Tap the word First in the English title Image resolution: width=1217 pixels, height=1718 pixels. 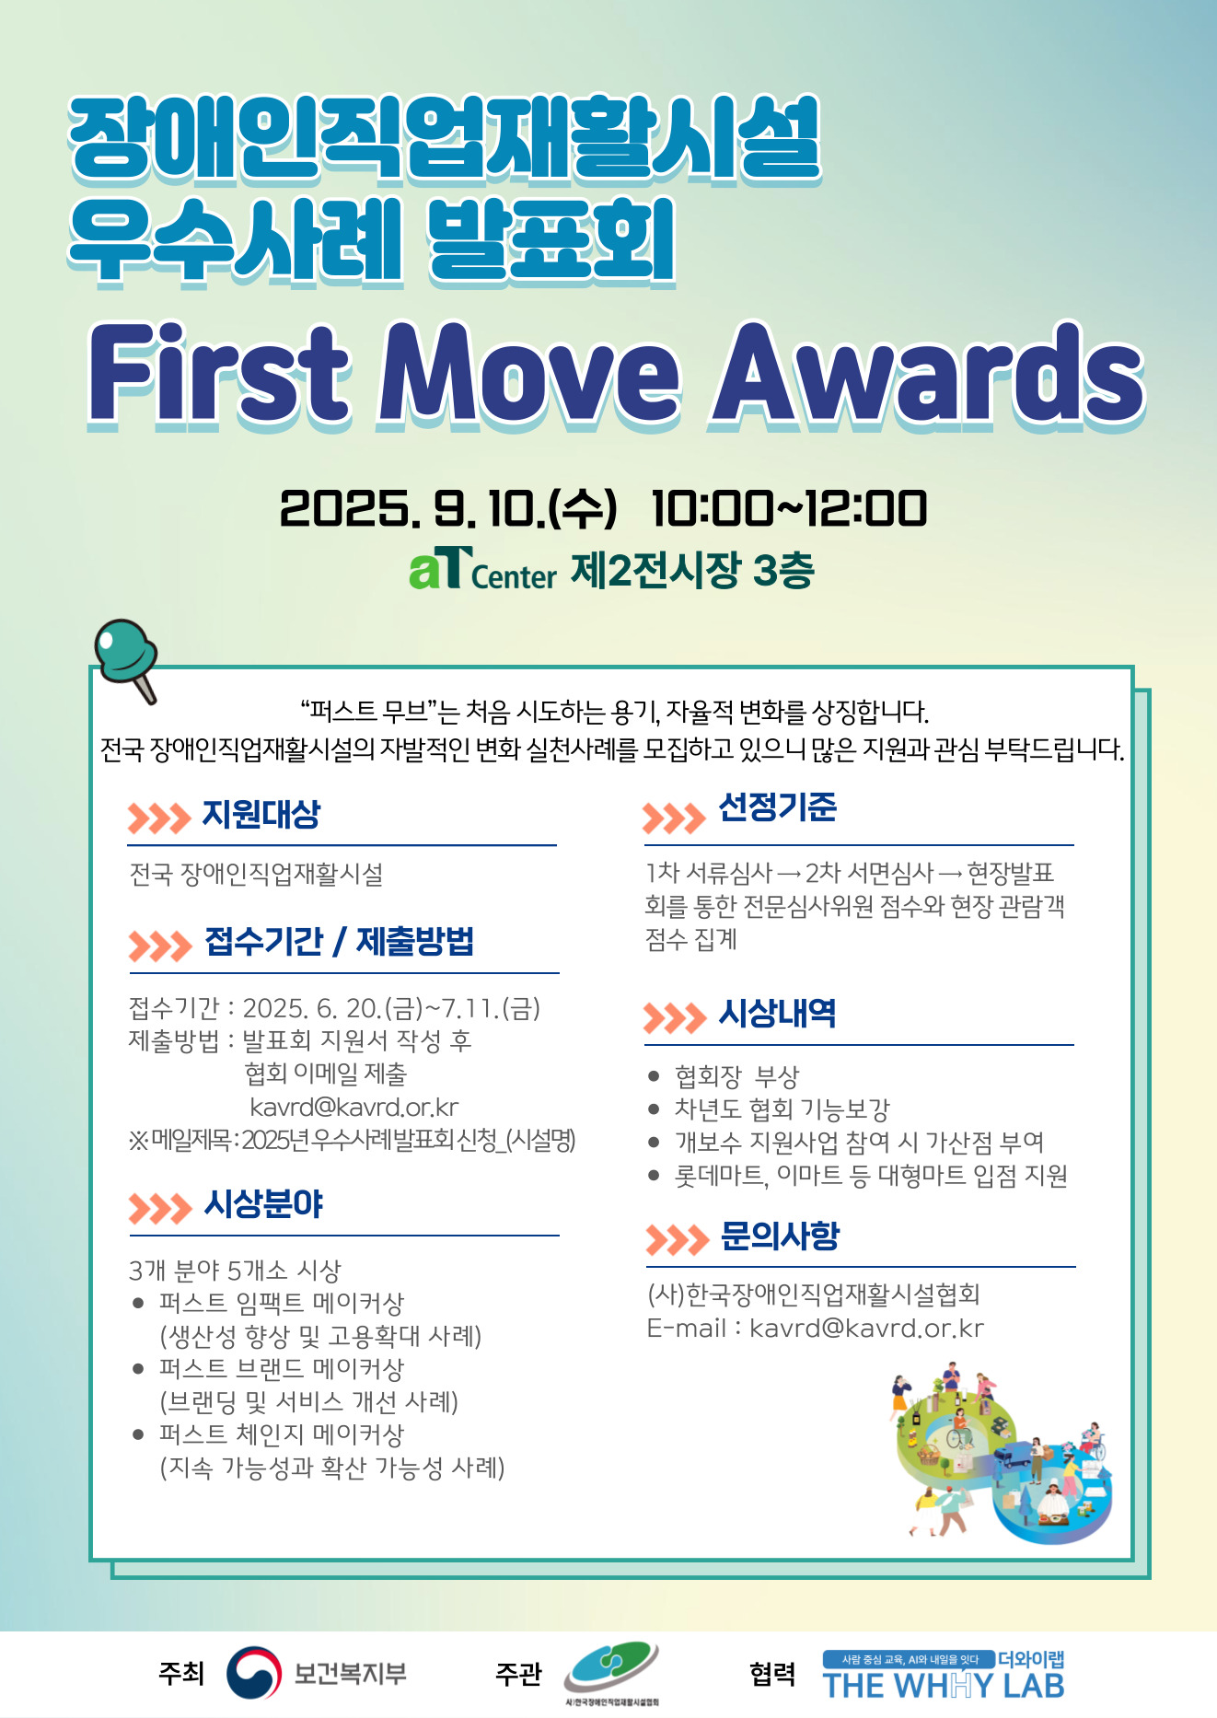tap(219, 374)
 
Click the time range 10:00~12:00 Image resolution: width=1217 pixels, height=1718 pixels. tap(789, 509)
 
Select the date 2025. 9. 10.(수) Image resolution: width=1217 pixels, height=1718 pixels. tap(447, 509)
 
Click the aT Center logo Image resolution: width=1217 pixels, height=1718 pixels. tap(483, 569)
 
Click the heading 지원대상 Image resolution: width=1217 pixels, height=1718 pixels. tap(261, 814)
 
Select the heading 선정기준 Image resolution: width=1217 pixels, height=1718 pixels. tap(777, 807)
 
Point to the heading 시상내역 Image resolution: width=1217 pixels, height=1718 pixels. tap(777, 1014)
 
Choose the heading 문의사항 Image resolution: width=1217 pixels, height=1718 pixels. tap(780, 1236)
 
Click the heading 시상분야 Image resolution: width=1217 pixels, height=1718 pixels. tap(263, 1204)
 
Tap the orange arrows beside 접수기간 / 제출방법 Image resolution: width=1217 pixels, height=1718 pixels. tap(160, 946)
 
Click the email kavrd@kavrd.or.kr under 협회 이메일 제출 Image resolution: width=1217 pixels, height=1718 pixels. tap(354, 1107)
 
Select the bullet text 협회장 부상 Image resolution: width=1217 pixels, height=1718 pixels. tap(737, 1076)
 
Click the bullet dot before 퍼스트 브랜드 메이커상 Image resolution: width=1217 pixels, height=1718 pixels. tap(138, 1369)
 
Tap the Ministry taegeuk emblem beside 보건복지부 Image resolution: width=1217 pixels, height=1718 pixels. tap(254, 1672)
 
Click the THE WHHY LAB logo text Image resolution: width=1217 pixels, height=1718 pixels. tap(944, 1686)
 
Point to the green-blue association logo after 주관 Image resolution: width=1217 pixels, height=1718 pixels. tap(612, 1671)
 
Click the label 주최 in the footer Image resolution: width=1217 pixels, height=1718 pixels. tap(181, 1672)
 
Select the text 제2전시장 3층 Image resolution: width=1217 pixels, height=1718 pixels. tap(692, 571)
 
